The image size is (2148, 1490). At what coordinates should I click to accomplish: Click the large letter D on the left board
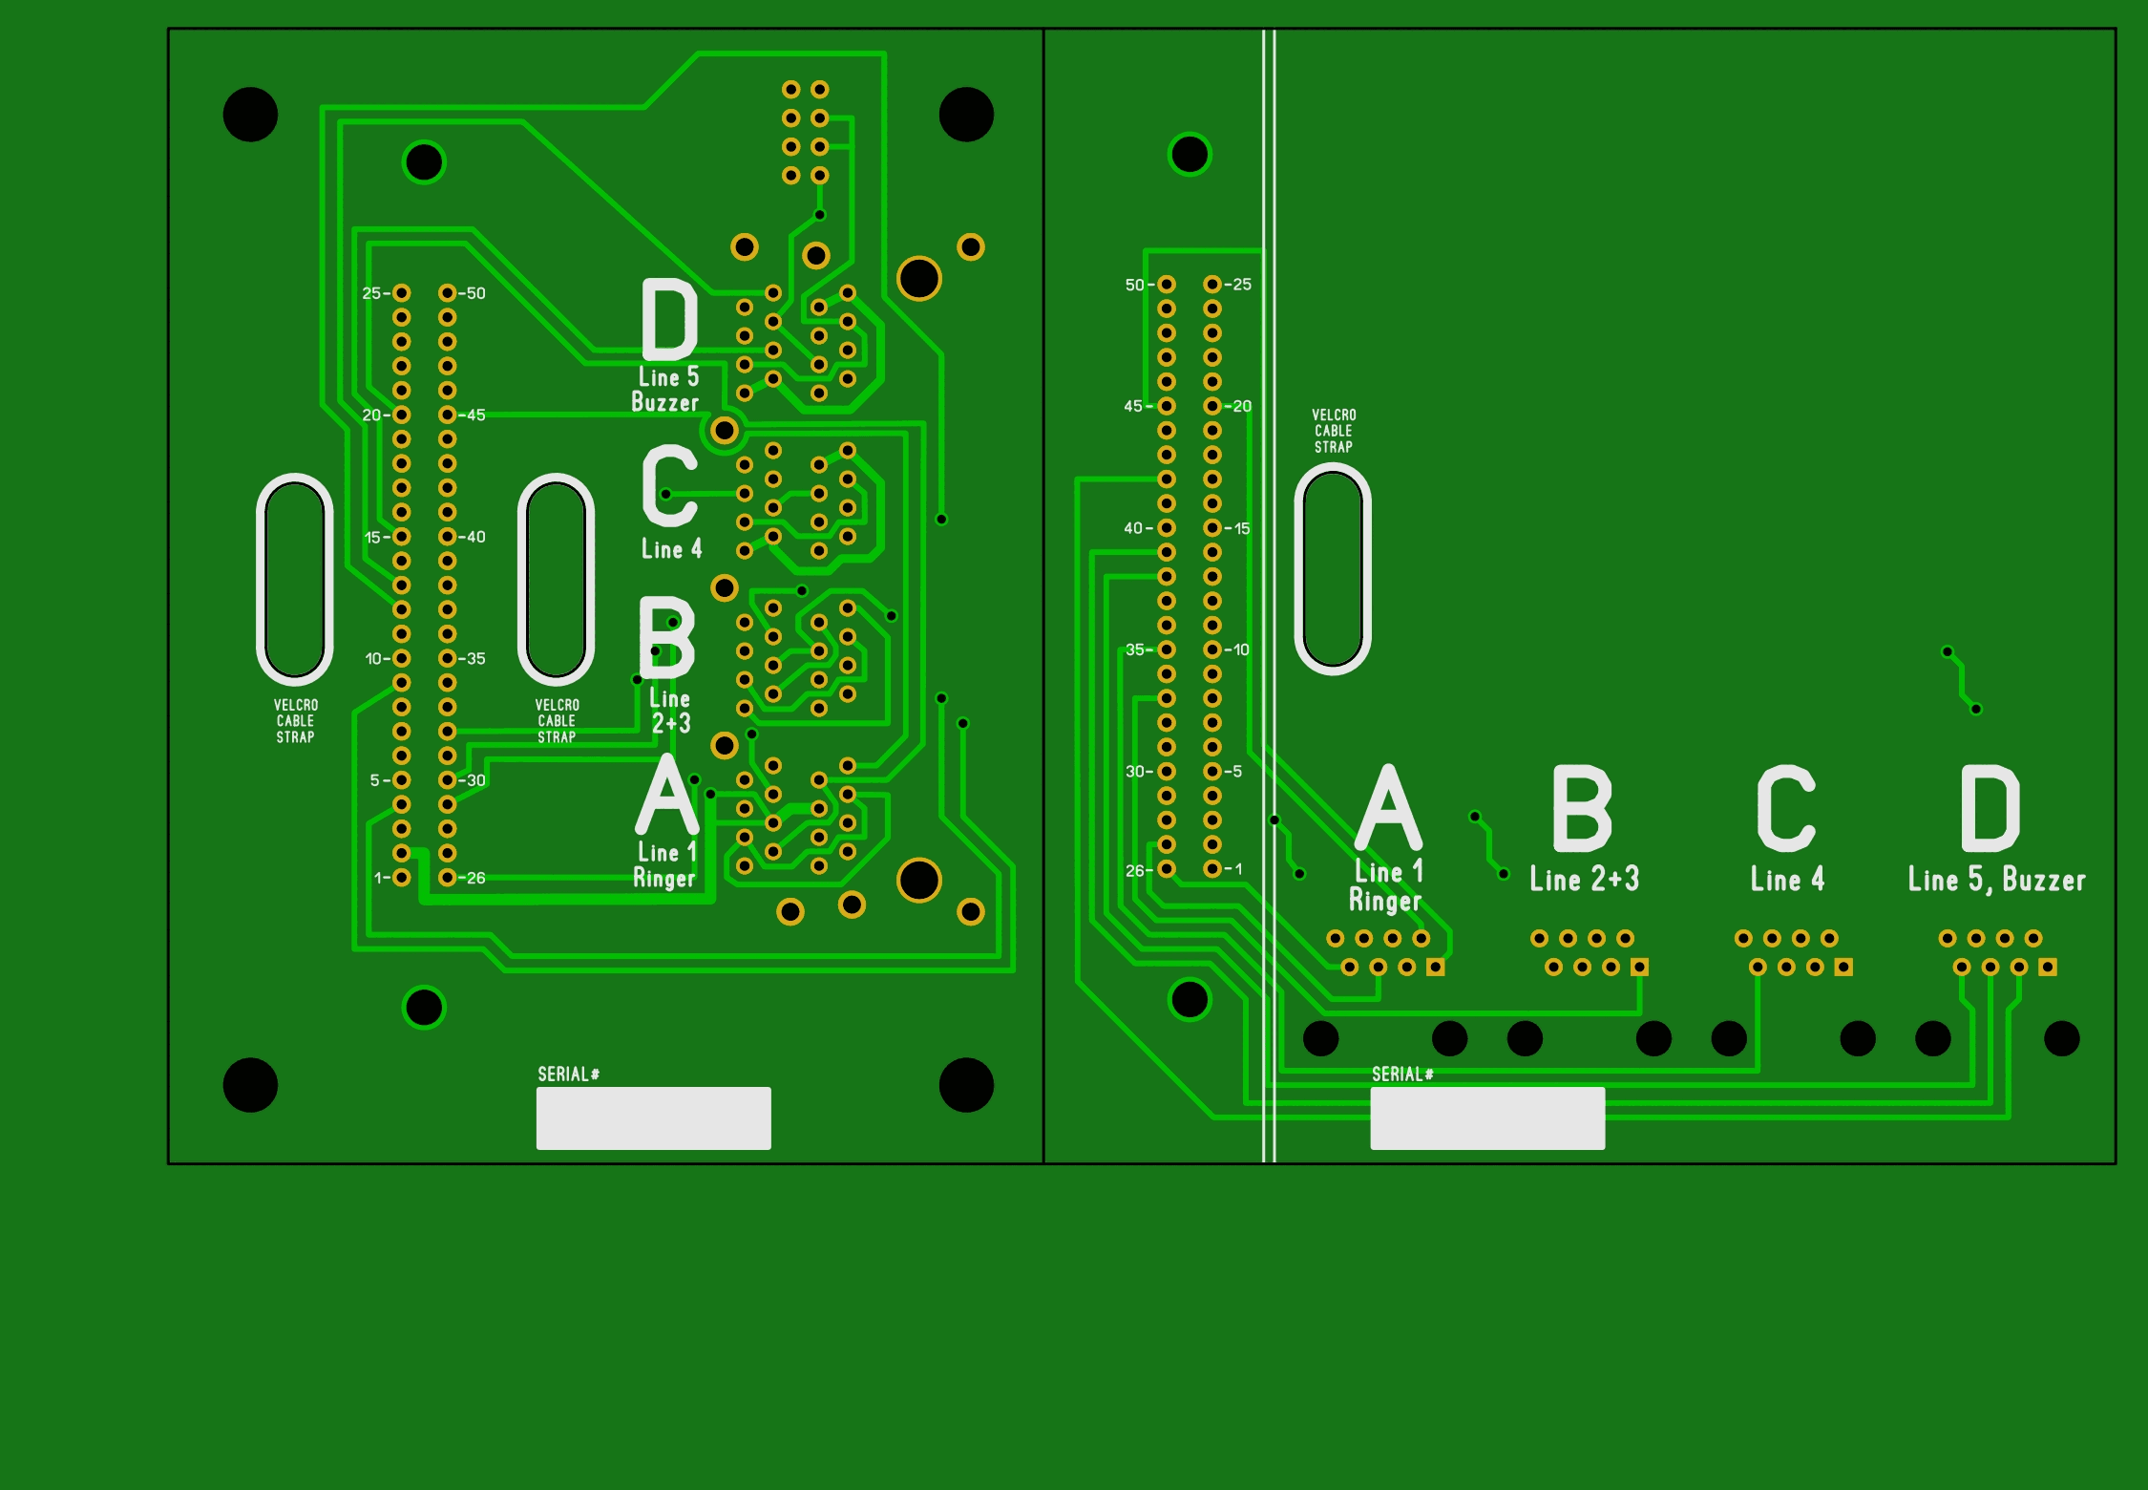click(669, 319)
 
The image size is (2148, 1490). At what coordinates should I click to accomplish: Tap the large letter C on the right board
click(1785, 808)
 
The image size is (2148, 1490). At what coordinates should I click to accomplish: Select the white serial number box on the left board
click(653, 1117)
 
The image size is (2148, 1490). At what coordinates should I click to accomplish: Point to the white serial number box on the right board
click(1486, 1117)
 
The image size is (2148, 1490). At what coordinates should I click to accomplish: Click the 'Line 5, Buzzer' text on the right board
click(1996, 880)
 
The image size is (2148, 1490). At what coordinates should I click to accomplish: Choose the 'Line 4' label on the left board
click(671, 549)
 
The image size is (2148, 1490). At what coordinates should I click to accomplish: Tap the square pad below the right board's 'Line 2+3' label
click(1639, 967)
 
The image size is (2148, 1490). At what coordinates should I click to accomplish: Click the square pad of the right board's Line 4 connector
click(1843, 967)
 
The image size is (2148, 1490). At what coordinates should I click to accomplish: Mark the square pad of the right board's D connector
click(2048, 967)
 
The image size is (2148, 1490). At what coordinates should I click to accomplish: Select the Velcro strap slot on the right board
click(1333, 569)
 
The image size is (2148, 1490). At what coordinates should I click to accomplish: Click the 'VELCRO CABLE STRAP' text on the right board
click(1334, 431)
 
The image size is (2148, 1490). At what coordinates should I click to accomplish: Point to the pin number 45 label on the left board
click(475, 415)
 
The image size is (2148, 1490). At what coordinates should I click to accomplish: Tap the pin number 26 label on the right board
click(1135, 870)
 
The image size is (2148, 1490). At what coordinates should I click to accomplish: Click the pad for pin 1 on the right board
click(1211, 869)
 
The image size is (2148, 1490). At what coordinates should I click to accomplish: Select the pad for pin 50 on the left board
click(448, 292)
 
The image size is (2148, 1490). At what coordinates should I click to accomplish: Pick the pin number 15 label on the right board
click(1241, 528)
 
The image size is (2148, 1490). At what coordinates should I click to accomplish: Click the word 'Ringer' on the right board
click(1384, 900)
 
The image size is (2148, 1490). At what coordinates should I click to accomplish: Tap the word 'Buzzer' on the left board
click(664, 402)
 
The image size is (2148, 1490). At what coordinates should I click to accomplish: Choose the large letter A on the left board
click(667, 795)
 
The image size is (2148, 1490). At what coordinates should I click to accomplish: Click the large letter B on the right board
click(1582, 808)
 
